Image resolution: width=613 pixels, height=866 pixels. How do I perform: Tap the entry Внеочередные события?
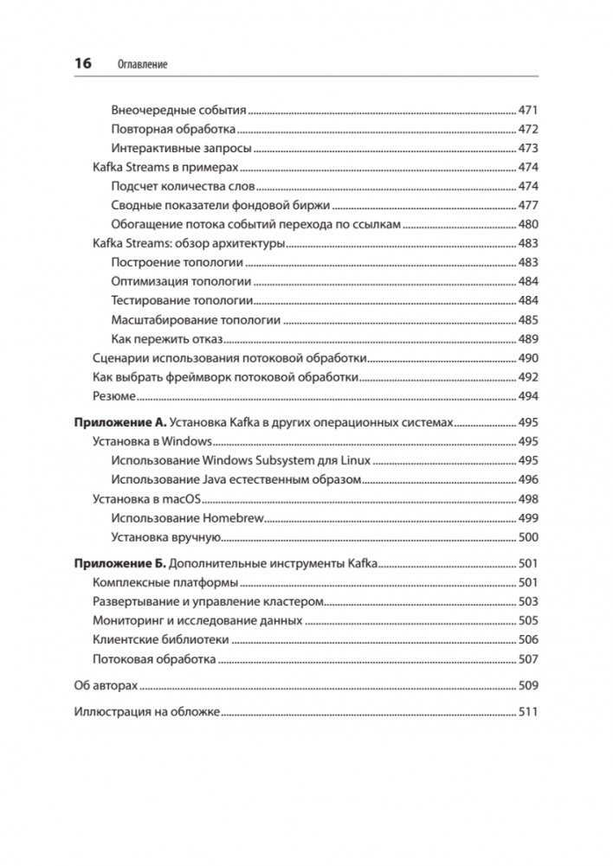tap(179, 110)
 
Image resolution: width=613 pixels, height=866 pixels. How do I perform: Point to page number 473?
tap(528, 148)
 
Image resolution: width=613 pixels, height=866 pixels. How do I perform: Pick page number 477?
tap(528, 205)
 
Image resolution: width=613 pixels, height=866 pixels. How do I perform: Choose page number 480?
tap(528, 224)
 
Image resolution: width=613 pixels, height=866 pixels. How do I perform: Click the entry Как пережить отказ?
tap(167, 338)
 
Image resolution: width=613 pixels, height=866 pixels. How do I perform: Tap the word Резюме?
tap(113, 395)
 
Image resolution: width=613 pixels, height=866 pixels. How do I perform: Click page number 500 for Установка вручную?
tap(528, 536)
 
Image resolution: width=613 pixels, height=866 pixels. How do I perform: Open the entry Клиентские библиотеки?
tap(160, 639)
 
